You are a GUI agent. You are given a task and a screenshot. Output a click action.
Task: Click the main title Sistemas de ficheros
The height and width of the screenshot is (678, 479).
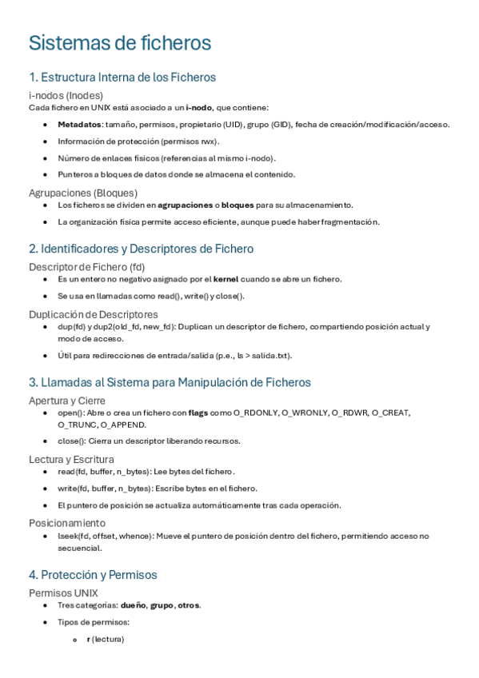(x=120, y=42)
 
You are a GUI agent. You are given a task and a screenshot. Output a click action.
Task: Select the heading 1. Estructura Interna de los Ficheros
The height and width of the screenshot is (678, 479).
(x=122, y=78)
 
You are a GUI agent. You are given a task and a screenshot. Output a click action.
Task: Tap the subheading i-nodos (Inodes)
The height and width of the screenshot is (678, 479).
(x=66, y=95)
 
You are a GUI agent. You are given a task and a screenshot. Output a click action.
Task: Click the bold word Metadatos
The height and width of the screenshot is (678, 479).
(x=79, y=124)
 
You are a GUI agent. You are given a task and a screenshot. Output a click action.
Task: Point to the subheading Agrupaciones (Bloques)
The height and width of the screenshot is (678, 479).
(x=83, y=193)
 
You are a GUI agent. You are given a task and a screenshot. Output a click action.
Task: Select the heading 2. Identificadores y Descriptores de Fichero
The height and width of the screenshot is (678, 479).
(x=141, y=249)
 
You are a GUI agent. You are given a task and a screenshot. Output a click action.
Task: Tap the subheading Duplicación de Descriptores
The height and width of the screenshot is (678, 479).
(x=94, y=314)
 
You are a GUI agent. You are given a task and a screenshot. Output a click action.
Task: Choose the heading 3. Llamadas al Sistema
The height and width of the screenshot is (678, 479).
(x=170, y=382)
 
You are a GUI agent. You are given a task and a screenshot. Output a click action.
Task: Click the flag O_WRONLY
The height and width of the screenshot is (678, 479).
(x=306, y=413)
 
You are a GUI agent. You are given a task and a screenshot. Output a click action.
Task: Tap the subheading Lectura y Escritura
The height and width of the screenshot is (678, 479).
(x=71, y=459)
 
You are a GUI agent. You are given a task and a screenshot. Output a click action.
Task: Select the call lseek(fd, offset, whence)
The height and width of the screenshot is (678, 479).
(x=104, y=536)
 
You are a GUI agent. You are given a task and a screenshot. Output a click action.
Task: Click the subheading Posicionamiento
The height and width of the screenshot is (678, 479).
(x=66, y=522)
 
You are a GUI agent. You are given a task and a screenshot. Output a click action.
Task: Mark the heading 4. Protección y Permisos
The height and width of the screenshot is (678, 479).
(x=93, y=575)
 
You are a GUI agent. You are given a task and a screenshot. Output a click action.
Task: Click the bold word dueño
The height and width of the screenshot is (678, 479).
(x=134, y=605)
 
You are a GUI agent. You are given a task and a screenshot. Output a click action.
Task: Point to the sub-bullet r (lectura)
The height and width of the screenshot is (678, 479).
(x=105, y=640)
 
